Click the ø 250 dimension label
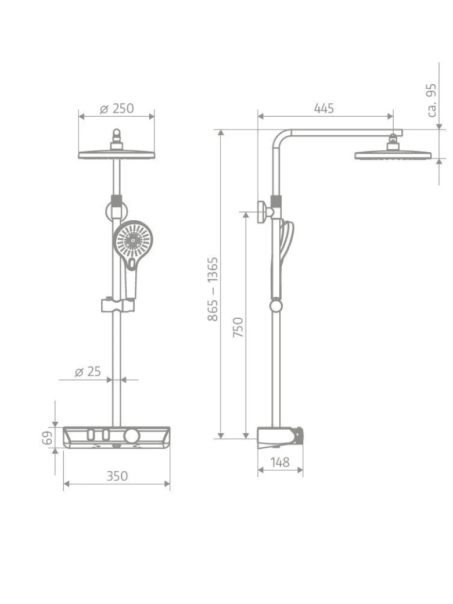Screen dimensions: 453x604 point(117,109)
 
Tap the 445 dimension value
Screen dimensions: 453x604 point(323,108)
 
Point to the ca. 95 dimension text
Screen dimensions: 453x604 point(432,100)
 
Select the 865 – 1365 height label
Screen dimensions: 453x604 point(213,289)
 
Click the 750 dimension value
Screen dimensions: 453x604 point(239,327)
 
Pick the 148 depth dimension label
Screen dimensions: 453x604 point(280,462)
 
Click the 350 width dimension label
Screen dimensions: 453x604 point(117,476)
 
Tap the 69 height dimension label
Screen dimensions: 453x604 point(47,438)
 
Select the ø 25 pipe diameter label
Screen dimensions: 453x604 point(88,372)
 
